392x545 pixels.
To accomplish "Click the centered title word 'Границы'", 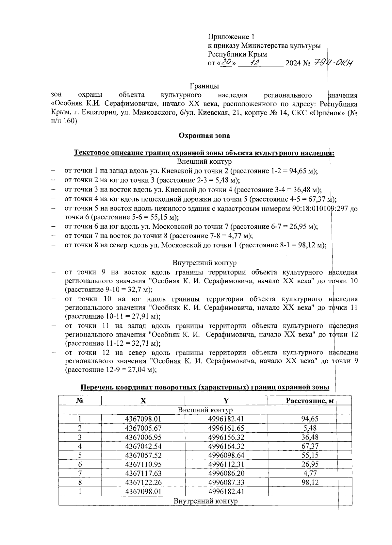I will click(204, 86).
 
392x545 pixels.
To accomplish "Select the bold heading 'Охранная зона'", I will click(204, 135).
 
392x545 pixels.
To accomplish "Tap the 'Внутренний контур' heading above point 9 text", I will click(204, 263).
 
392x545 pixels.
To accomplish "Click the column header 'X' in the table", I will click(143, 401).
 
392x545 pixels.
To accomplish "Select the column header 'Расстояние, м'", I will click(310, 401).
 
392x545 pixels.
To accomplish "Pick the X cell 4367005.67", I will click(143, 428).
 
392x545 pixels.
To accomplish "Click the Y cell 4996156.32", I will click(226, 437).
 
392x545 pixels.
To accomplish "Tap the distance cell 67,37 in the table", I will click(310, 446).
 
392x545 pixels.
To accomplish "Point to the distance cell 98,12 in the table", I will click(310, 482).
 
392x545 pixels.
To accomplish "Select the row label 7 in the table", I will click(80, 473).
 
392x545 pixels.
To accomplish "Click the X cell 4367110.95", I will click(143, 464).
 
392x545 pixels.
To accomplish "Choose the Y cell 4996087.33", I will click(226, 482).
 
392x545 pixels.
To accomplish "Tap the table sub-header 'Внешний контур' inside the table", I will click(205, 410).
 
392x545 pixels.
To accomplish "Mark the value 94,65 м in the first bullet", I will click(302, 171).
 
